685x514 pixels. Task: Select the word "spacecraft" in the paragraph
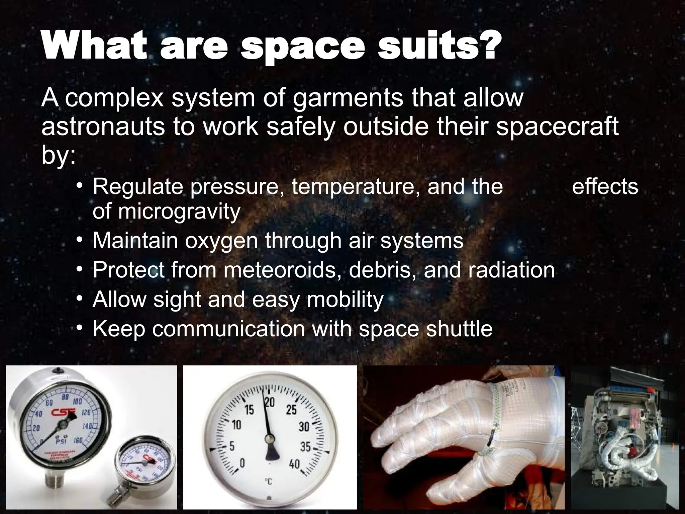(557, 127)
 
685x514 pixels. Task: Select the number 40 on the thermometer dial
(294, 464)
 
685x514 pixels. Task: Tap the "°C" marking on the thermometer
(268, 482)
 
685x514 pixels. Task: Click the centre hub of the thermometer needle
(269, 439)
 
